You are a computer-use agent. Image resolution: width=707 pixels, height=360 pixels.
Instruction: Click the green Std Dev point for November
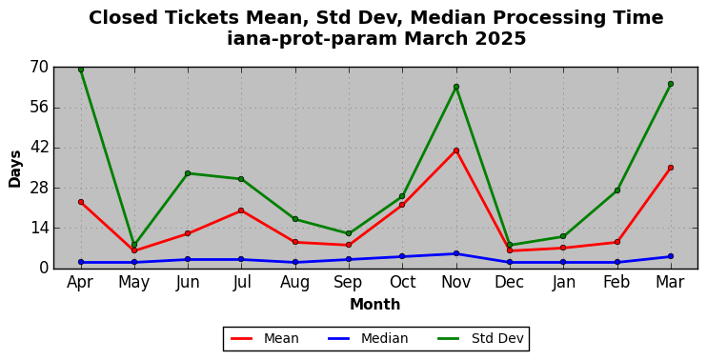click(456, 87)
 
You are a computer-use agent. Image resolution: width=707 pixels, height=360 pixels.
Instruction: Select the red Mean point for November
click(456, 150)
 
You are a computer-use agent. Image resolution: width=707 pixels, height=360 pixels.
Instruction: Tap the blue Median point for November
click(456, 253)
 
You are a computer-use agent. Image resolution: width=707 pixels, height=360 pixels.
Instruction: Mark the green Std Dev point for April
click(81, 70)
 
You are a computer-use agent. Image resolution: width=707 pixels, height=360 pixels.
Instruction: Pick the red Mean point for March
click(671, 168)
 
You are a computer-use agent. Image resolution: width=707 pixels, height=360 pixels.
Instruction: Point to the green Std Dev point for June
click(188, 173)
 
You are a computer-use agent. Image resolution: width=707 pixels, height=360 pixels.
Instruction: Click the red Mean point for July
click(241, 210)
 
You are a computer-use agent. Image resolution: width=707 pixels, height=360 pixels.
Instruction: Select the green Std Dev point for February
click(617, 190)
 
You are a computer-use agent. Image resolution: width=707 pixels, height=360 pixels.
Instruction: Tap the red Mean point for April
click(81, 202)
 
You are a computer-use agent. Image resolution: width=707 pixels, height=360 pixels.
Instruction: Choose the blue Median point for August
click(295, 262)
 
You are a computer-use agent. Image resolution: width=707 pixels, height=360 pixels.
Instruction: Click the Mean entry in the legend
click(265, 338)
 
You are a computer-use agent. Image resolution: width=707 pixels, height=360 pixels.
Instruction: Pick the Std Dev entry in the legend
click(480, 338)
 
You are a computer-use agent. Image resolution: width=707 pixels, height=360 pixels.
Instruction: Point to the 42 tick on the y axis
click(39, 148)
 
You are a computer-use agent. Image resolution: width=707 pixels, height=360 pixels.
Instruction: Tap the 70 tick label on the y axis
click(39, 68)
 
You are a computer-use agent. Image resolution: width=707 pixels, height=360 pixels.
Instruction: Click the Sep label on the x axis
click(349, 282)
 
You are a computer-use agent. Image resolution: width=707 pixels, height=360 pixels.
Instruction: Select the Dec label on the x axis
click(510, 282)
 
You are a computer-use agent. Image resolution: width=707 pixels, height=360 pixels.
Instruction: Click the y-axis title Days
click(15, 169)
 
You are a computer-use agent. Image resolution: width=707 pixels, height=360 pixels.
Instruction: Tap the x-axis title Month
click(375, 304)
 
